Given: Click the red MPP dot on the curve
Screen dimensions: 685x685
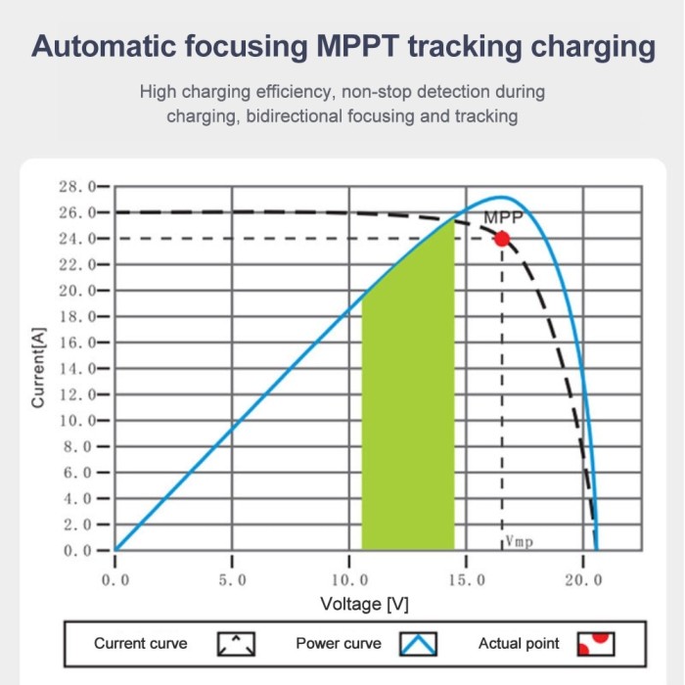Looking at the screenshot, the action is pos(502,239).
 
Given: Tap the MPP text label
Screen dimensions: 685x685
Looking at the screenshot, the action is pos(503,217).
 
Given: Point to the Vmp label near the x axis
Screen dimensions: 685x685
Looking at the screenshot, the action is pos(519,542).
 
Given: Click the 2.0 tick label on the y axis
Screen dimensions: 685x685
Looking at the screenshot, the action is pos(77,525).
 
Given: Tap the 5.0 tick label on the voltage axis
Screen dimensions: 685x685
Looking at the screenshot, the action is pos(233,580).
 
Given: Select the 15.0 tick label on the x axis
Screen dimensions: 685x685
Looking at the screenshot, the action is pos(467,580).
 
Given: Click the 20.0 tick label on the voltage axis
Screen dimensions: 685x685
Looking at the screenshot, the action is pos(583,580).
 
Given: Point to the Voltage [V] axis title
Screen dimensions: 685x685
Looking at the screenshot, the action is pos(364,604).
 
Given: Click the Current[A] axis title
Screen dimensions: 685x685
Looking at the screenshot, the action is pos(38,368).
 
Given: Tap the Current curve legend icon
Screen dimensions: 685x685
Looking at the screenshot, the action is pos(236,644).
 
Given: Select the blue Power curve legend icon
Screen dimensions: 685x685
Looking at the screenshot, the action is pos(418,644).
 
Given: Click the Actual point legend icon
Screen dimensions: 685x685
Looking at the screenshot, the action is pos(596,644).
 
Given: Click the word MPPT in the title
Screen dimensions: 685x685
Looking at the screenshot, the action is pos(358,46).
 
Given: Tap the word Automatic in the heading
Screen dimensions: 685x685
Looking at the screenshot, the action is pos(105,46).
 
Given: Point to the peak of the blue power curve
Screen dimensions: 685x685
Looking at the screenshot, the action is pos(502,198).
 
